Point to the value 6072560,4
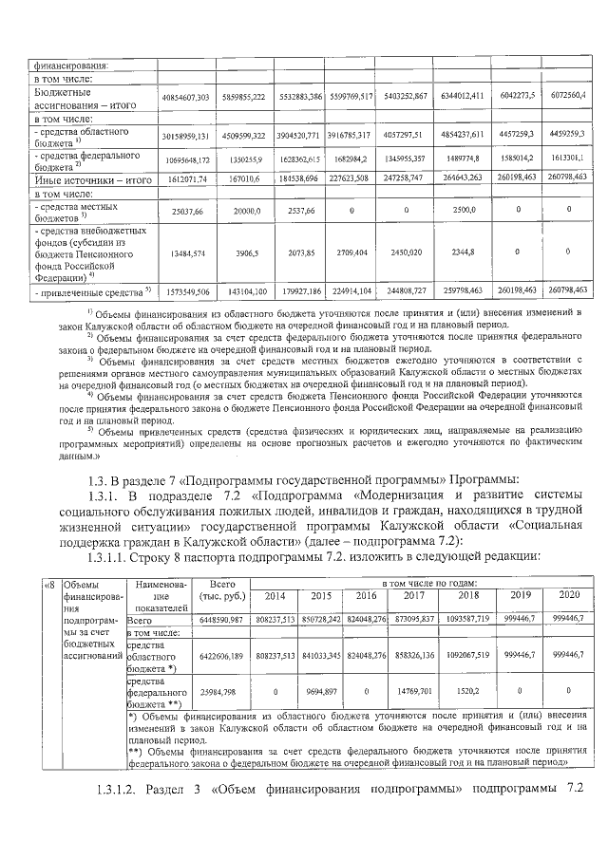(x=566, y=97)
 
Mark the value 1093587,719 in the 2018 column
(x=466, y=617)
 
